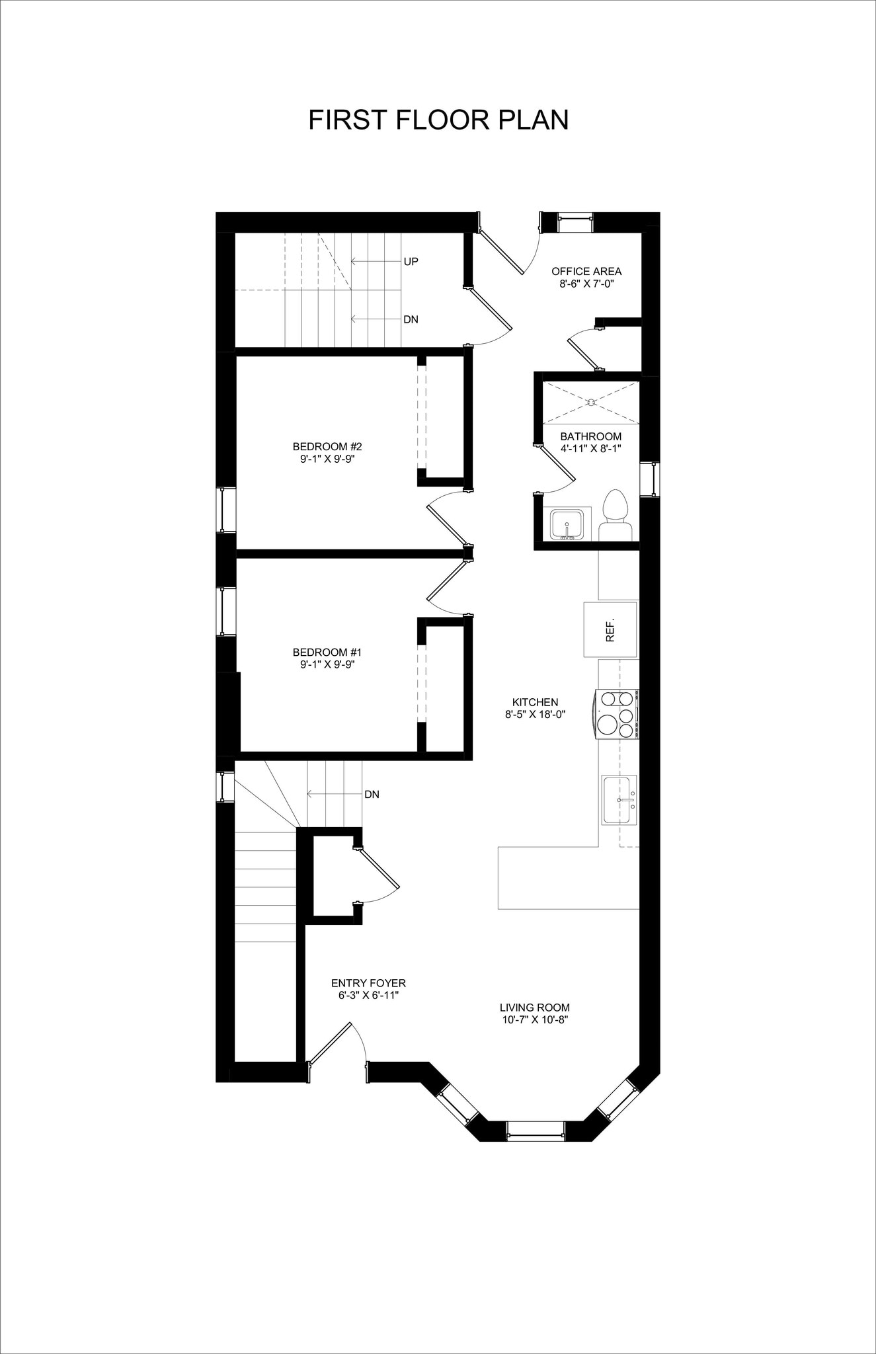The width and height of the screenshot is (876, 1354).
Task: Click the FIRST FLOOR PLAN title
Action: click(438, 120)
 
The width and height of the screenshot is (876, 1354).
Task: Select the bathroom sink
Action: click(566, 524)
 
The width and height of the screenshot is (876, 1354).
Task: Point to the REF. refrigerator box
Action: click(610, 629)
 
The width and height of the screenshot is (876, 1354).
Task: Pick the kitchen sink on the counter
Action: click(619, 799)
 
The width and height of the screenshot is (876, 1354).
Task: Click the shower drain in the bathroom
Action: click(591, 401)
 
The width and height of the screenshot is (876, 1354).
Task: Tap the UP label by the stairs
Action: click(411, 262)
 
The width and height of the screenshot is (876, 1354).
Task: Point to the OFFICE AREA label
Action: click(586, 271)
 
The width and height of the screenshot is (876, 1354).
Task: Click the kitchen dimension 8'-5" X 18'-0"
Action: click(535, 714)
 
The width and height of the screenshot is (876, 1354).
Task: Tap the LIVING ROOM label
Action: click(534, 1008)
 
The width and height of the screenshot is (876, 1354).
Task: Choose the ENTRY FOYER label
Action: click(368, 983)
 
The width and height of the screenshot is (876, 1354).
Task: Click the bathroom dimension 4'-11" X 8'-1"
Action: click(590, 448)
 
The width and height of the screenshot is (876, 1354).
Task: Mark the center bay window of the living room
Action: click(536, 1130)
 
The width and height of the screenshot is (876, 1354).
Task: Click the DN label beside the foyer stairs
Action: click(372, 795)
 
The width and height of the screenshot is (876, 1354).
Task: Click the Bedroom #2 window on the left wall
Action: click(227, 510)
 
